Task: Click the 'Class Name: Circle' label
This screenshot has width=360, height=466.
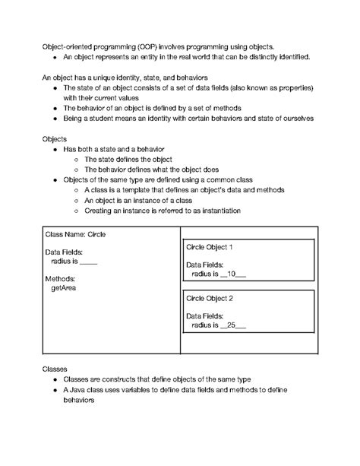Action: coord(75,235)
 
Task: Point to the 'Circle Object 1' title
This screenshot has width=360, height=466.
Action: coord(210,248)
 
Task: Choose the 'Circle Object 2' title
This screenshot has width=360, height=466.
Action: coord(210,299)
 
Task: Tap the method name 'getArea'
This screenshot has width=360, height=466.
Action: coord(63,288)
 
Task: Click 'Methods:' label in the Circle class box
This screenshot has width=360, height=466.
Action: coord(61,279)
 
